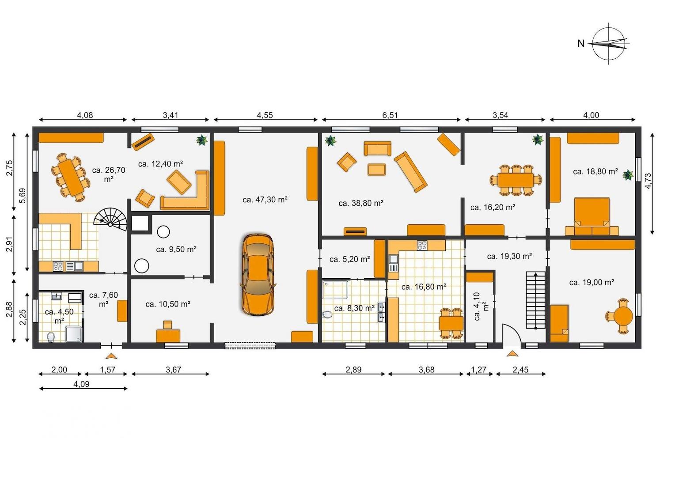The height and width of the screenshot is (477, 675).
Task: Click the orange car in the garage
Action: [x=258, y=274]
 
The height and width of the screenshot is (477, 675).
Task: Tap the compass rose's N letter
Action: [x=580, y=44]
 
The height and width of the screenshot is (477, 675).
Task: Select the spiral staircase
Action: [x=110, y=219]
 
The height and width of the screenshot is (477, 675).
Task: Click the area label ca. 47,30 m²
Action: [x=265, y=200]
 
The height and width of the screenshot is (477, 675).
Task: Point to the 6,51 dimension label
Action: [x=390, y=115]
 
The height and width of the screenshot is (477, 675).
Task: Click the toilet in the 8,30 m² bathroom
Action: [x=327, y=314]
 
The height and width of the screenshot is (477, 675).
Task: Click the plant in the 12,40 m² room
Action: [x=202, y=140]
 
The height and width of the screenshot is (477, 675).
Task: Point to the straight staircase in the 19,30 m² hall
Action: [x=535, y=300]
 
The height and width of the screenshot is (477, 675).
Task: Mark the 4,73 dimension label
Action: [x=648, y=181]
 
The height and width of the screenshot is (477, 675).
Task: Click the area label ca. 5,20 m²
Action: [x=349, y=259]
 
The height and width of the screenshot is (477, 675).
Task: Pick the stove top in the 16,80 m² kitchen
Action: [x=422, y=245]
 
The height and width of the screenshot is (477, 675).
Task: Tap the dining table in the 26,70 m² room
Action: [x=70, y=178]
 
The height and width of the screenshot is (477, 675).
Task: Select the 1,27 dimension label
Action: [x=478, y=369]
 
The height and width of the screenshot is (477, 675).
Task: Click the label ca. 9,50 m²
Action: [x=176, y=250]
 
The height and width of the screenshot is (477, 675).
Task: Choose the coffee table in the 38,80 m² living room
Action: [x=377, y=169]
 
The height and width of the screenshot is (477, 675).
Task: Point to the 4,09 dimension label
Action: [x=81, y=384]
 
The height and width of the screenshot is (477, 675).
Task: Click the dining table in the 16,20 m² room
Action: [x=516, y=180]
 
